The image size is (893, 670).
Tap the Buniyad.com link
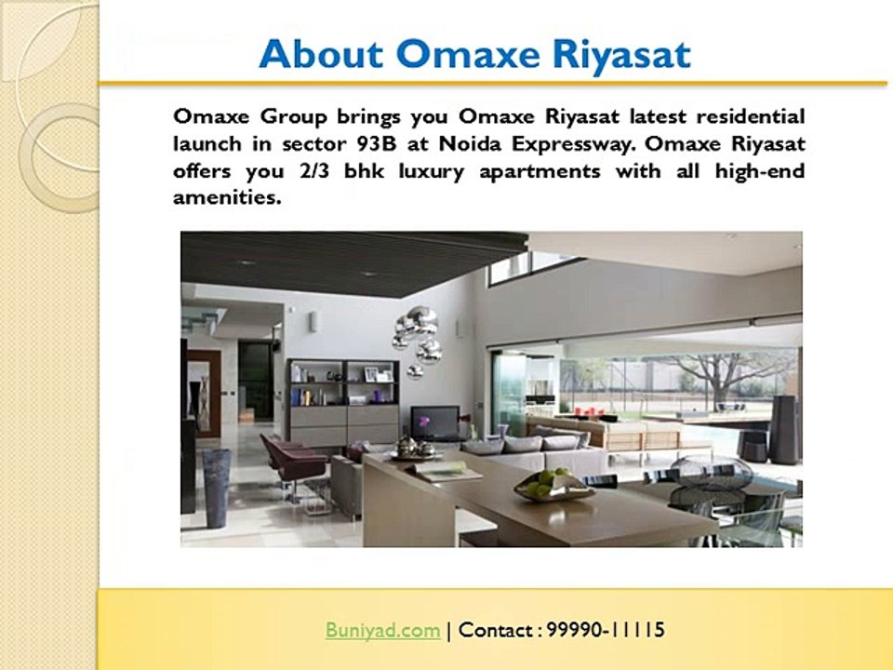click(382, 630)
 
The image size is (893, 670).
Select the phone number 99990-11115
click(606, 630)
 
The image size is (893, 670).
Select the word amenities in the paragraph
click(226, 197)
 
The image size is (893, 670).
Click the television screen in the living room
click(434, 422)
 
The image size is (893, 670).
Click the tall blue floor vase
click(216, 488)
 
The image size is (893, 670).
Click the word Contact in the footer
click(496, 630)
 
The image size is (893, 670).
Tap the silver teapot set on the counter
click(415, 449)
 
